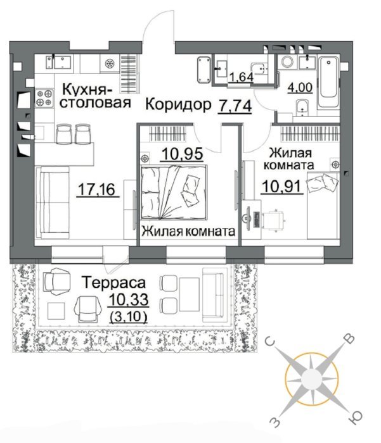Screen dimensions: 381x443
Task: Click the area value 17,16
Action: coord(98,189)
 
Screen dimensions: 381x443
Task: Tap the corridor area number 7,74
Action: coord(235,106)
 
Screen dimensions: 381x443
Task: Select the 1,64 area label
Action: coord(241,77)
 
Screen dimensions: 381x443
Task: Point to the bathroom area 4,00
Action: coord(300,87)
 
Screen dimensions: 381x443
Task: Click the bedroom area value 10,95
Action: coord(183,154)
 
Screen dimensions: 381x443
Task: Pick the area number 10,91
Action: coord(282,186)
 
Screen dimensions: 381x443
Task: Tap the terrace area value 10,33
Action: coord(129,299)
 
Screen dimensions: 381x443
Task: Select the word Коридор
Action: coord(178,104)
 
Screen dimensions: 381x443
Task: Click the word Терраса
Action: coord(113,282)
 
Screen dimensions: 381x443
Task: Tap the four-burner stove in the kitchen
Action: coord(44,97)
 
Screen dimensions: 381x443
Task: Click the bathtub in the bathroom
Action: coord(328,82)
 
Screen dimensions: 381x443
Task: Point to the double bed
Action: coord(174,192)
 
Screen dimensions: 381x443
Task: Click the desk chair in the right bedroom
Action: coord(273,220)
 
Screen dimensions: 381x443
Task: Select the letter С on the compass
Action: coord(270,342)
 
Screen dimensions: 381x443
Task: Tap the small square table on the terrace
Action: coord(56,311)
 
